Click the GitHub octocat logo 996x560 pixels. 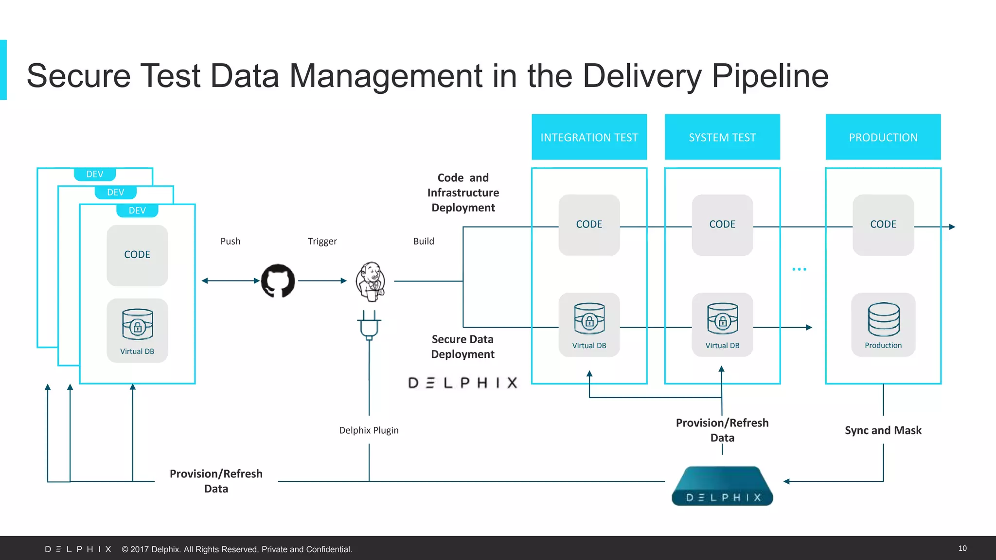click(x=278, y=280)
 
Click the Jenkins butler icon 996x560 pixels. click(x=371, y=281)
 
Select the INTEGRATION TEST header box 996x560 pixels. click(x=589, y=137)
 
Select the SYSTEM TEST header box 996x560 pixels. click(x=722, y=137)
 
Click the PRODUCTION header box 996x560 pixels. click(x=883, y=137)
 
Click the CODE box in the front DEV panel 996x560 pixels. click(x=137, y=255)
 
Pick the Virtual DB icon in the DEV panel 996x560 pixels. click(x=137, y=324)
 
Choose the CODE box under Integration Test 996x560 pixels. click(x=589, y=225)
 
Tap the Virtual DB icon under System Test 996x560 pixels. click(x=722, y=319)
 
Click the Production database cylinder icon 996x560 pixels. click(x=883, y=319)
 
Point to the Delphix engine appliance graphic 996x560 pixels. click(x=722, y=486)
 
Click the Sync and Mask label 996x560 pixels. click(x=883, y=430)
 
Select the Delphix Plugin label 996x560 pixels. click(x=369, y=430)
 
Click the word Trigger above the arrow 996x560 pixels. click(x=322, y=241)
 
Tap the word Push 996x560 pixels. click(x=230, y=241)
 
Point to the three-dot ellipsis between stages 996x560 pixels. click(x=799, y=269)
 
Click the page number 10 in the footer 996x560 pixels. click(x=962, y=548)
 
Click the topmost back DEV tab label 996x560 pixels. click(x=95, y=174)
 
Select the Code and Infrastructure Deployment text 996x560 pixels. click(x=463, y=192)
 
